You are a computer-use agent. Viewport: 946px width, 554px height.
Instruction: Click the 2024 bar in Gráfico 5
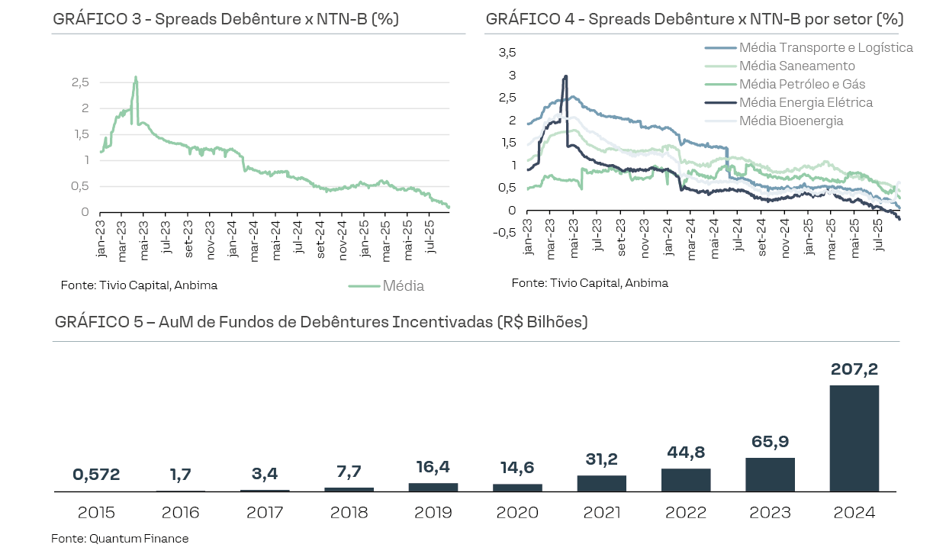(x=854, y=438)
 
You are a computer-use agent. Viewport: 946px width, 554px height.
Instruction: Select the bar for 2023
(x=770, y=475)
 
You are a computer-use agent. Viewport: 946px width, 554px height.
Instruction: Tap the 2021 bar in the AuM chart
(x=601, y=483)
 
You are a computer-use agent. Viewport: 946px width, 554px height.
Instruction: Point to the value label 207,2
(x=854, y=370)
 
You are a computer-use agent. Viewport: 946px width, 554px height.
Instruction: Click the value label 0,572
(x=96, y=475)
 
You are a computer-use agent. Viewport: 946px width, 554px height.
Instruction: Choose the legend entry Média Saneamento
(x=796, y=66)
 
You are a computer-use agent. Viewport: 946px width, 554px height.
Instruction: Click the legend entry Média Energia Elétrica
(x=806, y=102)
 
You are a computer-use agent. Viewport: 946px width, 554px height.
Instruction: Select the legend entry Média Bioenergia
(x=791, y=121)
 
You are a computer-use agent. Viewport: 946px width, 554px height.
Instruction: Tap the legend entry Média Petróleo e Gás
(x=802, y=84)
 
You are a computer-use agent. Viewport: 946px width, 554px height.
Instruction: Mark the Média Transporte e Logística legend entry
(x=825, y=47)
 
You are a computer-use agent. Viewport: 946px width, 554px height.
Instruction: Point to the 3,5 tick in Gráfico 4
(x=507, y=53)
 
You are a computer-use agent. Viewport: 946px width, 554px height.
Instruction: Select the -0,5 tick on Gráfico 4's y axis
(x=504, y=233)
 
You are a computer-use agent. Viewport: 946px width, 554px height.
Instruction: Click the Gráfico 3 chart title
(x=226, y=19)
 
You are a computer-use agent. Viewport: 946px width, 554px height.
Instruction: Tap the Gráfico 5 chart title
(x=321, y=322)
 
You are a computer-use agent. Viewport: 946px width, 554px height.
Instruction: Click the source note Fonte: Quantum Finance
(x=120, y=539)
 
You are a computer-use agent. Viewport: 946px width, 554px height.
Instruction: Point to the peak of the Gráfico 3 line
(x=136, y=76)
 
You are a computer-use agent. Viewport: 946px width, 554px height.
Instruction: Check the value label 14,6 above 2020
(x=517, y=466)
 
